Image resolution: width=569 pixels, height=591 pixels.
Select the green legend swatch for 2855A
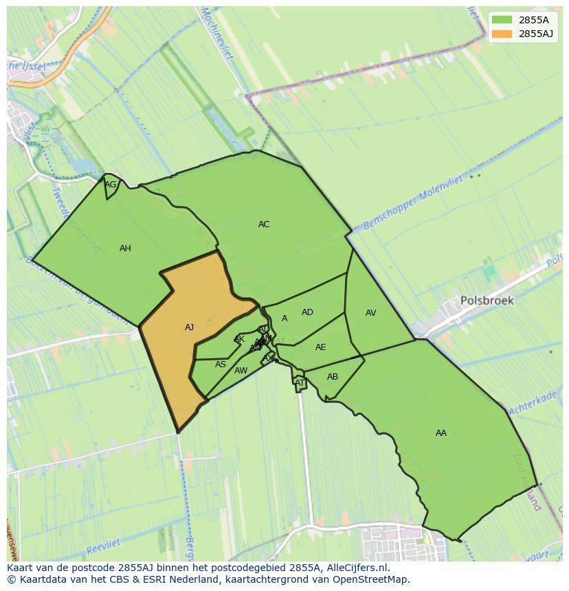[x=502, y=19]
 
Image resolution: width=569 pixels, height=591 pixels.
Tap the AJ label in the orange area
[x=189, y=327]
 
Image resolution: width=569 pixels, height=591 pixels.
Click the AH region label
[x=125, y=248]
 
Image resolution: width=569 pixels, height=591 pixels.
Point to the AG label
[x=110, y=185]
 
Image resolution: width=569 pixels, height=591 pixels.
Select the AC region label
[x=264, y=224]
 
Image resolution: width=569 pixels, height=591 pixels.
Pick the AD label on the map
[x=307, y=312]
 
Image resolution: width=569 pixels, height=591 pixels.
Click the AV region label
[x=370, y=313]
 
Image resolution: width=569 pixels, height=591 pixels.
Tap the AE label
[x=320, y=347]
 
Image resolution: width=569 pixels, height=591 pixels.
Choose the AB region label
[x=333, y=377]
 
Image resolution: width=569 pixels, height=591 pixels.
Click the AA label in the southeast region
[x=441, y=433]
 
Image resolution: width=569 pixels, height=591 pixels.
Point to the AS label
[x=220, y=364]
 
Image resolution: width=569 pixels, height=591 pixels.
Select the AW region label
[x=241, y=371]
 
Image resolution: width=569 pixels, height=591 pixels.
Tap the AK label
[x=239, y=339]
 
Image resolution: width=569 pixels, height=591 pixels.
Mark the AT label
[x=300, y=383]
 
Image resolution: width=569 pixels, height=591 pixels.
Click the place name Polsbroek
[x=487, y=301]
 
